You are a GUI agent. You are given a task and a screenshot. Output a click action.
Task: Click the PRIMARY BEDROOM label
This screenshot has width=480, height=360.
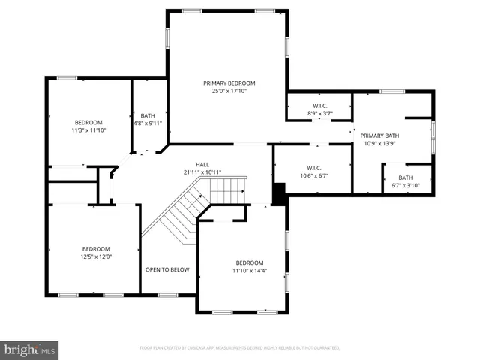[229, 82]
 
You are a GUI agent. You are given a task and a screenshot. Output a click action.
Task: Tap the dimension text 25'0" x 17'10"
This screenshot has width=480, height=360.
[229, 91]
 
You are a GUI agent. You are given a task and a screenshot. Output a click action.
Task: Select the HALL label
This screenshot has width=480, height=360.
[202, 164]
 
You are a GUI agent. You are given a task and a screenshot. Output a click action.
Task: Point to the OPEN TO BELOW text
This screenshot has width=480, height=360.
[167, 269]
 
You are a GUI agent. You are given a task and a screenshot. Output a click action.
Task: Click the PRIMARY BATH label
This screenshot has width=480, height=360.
[381, 136]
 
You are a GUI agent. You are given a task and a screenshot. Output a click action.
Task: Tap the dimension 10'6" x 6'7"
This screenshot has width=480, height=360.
[313, 176]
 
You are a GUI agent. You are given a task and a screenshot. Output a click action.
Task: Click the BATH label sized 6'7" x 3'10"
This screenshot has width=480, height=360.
[405, 178]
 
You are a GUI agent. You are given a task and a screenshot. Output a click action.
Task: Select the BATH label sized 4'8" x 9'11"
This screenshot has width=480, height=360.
[148, 115]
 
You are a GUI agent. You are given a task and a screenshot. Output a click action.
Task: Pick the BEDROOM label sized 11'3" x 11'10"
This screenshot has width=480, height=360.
[88, 122]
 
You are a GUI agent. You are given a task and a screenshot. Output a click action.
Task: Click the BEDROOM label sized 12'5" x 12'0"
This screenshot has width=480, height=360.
[96, 248]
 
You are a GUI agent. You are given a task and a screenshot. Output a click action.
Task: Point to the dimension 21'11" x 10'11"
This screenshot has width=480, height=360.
[202, 172]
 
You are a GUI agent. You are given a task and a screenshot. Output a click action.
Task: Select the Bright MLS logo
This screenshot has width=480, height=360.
[30, 349]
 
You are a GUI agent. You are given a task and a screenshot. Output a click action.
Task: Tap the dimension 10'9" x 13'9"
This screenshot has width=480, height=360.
[381, 143]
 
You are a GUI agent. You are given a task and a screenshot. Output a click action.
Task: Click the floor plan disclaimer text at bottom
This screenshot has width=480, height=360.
[240, 348]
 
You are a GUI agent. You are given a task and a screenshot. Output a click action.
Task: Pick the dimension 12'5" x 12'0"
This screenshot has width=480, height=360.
[96, 256]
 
